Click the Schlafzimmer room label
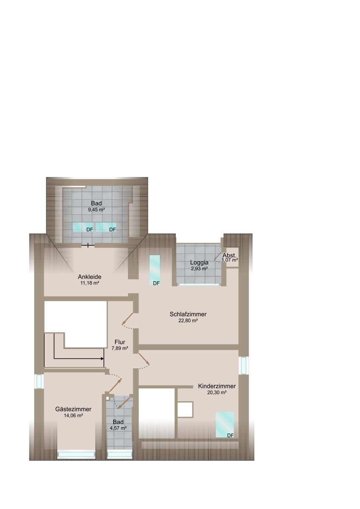click(x=188, y=314)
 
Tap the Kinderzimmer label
click(x=217, y=386)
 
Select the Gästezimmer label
click(x=73, y=409)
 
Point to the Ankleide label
click(x=89, y=277)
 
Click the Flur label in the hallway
click(x=119, y=342)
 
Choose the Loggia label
click(x=199, y=262)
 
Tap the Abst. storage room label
click(x=230, y=255)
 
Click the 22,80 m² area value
click(x=188, y=321)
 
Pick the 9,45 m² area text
click(x=96, y=210)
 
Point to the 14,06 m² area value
click(x=73, y=416)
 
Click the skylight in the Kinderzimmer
click(x=224, y=424)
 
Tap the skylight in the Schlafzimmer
click(x=155, y=270)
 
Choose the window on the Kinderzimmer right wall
click(x=244, y=366)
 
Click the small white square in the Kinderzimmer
click(x=185, y=409)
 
